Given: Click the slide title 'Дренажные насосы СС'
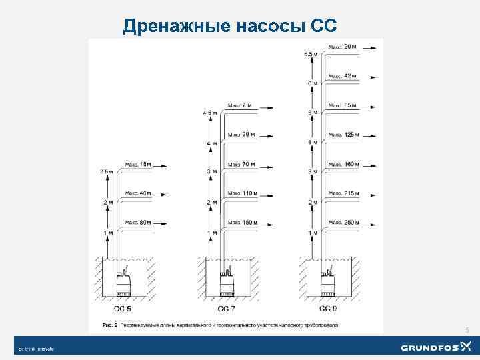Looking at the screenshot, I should [231, 26].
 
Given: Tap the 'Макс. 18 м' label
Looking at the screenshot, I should [138, 164].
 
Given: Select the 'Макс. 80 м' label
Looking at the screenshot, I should [138, 223].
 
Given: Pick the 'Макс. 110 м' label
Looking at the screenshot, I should [242, 193].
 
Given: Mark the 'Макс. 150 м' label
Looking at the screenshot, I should [242, 223].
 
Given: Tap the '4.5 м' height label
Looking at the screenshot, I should [210, 113].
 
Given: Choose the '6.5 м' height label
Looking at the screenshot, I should [310, 53].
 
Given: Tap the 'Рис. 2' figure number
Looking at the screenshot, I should [110, 325].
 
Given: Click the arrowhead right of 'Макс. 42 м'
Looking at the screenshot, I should [380, 77].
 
